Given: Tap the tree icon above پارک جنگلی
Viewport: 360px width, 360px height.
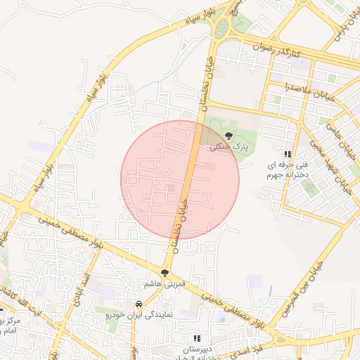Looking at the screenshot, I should pos(228,135).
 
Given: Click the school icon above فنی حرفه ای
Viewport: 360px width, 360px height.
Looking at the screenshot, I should pos(287,154).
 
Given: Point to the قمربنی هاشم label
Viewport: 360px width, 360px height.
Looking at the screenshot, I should pos(164,283).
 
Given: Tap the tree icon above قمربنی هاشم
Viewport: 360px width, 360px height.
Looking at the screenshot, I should pos(165,273).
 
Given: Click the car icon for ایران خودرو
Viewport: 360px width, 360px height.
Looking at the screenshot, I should pos(139,304).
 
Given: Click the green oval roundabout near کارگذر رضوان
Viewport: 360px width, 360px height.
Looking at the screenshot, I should pos(222,28).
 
